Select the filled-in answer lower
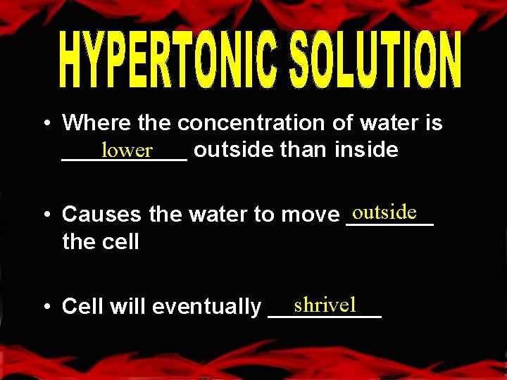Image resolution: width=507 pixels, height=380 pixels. pos(127,150)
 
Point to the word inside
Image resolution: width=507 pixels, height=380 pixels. pos(366,149)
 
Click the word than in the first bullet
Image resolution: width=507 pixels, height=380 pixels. pos(306,149)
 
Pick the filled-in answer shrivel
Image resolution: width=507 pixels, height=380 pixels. pos(325,305)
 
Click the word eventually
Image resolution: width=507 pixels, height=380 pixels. pos(206,307)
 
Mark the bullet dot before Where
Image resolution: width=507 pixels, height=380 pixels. pos(44,124)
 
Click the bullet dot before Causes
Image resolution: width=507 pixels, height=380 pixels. pos(44,214)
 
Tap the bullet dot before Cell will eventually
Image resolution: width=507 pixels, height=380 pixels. pos(44,307)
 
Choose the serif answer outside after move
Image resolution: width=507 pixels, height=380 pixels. pos(385,212)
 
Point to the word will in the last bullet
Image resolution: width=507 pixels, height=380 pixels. pos(127,307)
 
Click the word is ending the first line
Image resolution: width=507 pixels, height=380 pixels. pos(434,123)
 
